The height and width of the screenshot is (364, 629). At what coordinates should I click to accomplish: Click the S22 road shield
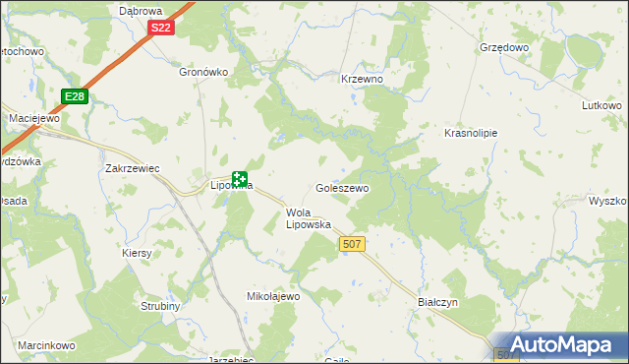pyautogui.click(x=162, y=28)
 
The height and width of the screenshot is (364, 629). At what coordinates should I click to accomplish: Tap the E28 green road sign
pyautogui.click(x=73, y=95)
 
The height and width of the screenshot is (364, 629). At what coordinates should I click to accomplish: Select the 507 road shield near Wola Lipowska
pyautogui.click(x=351, y=243)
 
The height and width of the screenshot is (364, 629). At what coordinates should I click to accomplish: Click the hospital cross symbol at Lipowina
pyautogui.click(x=239, y=177)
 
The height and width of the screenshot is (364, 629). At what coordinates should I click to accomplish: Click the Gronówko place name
pyautogui.click(x=203, y=72)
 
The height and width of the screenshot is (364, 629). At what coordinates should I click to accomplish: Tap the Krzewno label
pyautogui.click(x=361, y=79)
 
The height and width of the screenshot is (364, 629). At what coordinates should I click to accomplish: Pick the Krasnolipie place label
pyautogui.click(x=471, y=133)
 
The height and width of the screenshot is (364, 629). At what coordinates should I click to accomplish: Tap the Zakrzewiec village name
pyautogui.click(x=132, y=168)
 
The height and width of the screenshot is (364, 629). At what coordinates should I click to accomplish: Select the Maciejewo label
pyautogui.click(x=34, y=118)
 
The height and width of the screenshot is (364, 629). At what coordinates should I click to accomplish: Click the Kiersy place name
pyautogui.click(x=138, y=253)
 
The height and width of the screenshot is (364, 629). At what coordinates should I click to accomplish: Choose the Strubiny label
pyautogui.click(x=158, y=306)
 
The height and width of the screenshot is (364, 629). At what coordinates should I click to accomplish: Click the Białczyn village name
pyautogui.click(x=438, y=304)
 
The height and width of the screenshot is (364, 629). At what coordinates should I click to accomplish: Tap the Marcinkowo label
pyautogui.click(x=46, y=345)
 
